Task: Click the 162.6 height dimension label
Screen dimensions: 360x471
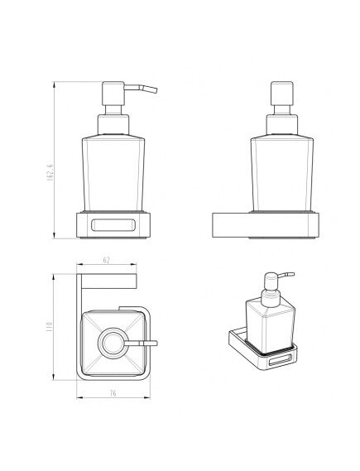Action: coord(50,172)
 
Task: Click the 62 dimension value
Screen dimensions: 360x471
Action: coord(107,260)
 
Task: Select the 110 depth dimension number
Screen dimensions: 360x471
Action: coord(49,326)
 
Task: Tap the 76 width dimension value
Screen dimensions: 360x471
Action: coord(113,393)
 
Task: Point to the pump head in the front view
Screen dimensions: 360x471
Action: coord(113,93)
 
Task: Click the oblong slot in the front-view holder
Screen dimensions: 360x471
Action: coord(113,225)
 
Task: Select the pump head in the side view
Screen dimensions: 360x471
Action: coord(282,93)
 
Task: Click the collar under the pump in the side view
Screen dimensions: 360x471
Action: coord(282,124)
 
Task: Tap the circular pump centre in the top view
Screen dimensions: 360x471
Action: coord(113,343)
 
